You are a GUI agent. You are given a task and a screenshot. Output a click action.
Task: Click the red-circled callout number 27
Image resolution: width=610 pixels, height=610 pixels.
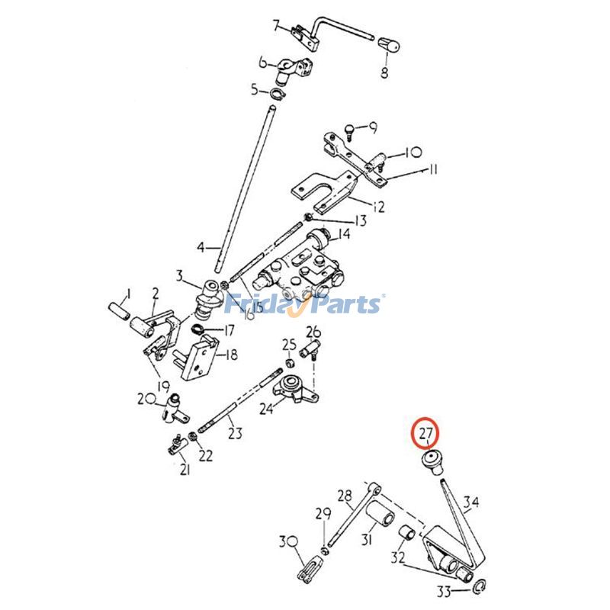coord(425,434)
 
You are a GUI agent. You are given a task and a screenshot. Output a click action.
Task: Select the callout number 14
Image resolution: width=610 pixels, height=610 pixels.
coord(344,234)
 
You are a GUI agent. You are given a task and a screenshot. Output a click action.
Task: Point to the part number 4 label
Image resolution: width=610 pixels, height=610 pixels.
coord(201,247)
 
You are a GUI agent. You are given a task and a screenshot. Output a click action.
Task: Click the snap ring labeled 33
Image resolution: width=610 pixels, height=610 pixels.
coord(479,586)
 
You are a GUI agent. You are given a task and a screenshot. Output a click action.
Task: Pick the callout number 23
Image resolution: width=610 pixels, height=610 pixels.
coord(235,433)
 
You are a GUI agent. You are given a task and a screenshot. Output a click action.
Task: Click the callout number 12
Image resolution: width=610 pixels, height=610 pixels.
coord(378,206)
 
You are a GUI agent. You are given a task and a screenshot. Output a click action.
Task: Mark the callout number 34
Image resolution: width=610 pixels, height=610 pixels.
coord(472,502)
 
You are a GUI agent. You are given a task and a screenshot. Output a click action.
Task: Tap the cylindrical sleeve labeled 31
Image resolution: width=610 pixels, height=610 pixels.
coord(379,528)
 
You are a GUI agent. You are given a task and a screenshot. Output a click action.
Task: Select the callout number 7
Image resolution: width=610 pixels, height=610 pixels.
coord(277,25)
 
